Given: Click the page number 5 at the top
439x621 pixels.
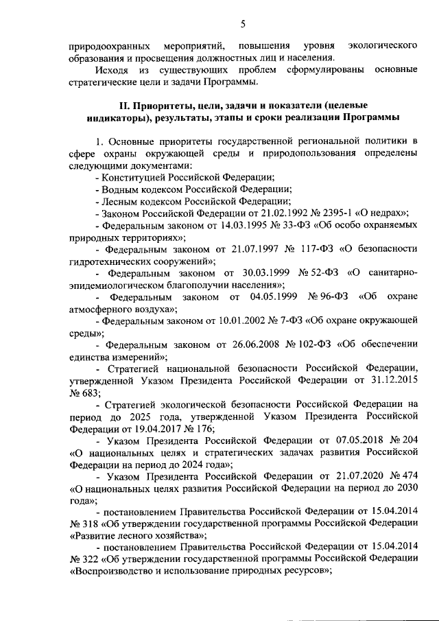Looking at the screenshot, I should click(x=243, y=25).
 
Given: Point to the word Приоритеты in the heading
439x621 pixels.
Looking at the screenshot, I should click(x=164, y=105).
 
